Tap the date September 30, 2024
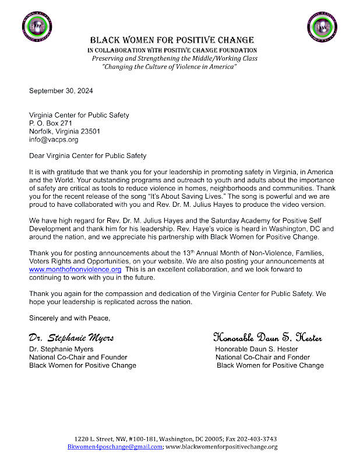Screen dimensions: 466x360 [61, 91]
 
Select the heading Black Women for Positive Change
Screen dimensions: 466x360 [171, 40]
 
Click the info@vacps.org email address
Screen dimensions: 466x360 [54, 140]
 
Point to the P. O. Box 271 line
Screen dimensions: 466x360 [51, 123]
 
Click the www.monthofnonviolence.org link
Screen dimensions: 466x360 [75, 270]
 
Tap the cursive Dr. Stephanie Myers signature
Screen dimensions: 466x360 [71, 338]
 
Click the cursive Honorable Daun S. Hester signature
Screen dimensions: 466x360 [267, 338]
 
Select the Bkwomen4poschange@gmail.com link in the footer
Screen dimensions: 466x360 [115, 447]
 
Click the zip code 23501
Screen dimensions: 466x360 [90, 132]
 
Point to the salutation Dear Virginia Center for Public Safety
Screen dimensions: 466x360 [88, 156]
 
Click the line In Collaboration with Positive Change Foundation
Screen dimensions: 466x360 [172, 51]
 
